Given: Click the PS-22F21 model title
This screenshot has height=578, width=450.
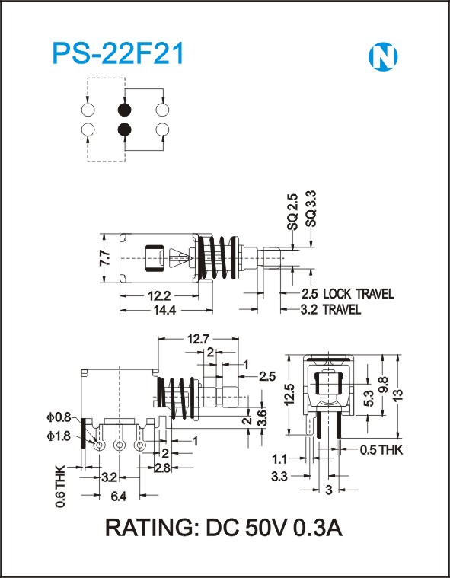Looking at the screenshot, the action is (118, 54).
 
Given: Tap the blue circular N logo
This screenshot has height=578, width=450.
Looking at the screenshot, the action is (383, 57).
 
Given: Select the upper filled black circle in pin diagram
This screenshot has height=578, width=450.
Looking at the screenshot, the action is (125, 110).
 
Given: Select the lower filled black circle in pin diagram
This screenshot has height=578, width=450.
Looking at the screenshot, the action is (125, 129).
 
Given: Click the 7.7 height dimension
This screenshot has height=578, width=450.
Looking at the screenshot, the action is (104, 258).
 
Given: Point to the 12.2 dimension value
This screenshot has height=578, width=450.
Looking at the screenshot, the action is (159, 295).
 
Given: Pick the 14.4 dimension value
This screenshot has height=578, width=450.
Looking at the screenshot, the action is (164, 311).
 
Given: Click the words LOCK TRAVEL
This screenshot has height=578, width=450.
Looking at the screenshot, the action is (359, 294).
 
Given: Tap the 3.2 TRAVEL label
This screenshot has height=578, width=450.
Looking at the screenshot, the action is (330, 309).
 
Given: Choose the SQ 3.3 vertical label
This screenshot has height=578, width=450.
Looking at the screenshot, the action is (311, 209).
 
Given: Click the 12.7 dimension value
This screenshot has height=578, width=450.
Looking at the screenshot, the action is (198, 339).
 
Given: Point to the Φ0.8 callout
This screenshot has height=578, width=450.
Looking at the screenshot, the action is (59, 417).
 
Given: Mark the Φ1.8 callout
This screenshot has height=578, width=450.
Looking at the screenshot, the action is (59, 436).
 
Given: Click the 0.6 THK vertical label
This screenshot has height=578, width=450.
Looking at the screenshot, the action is (60, 486).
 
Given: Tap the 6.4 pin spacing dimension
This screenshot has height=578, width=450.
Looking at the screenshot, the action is (119, 497).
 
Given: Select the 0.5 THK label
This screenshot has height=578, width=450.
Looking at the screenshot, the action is (381, 450).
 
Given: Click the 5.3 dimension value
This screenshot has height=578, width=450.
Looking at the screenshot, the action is (369, 398).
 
